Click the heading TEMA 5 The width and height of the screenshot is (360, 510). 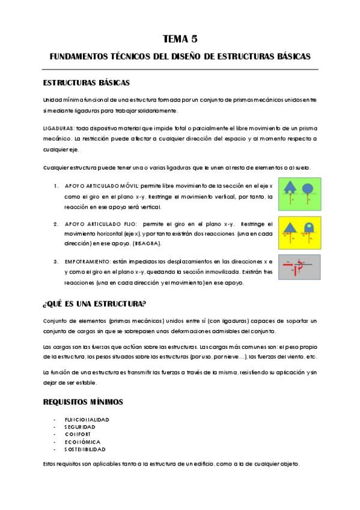180,39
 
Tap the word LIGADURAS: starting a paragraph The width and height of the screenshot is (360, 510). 58,129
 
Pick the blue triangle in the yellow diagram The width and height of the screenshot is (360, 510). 290,227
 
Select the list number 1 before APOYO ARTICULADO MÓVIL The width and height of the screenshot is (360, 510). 56,186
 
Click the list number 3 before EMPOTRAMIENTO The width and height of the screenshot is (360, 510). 56,262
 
